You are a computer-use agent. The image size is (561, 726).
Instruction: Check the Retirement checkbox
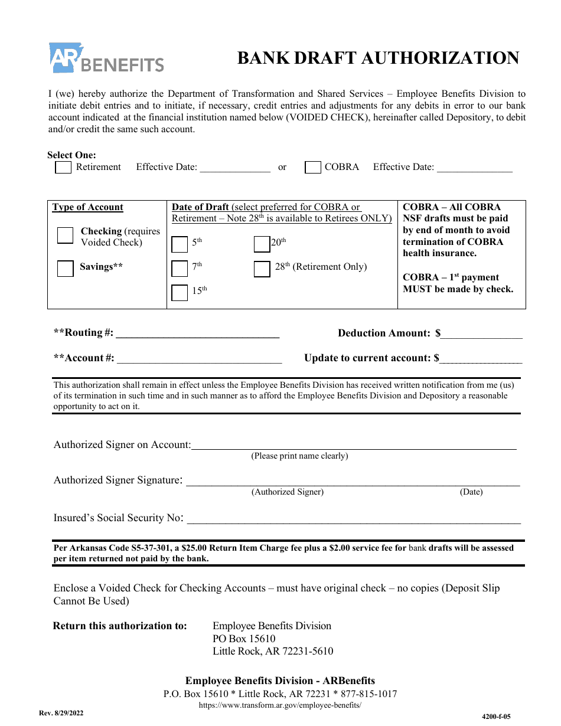point(63,167)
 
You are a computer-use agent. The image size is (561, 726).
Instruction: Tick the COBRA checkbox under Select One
point(313,167)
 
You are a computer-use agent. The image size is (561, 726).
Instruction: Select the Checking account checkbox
point(66,236)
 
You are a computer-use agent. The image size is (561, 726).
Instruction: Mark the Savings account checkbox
point(66,269)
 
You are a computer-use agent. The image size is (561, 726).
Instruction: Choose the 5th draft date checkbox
point(180,244)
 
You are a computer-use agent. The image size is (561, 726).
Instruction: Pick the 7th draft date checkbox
point(180,269)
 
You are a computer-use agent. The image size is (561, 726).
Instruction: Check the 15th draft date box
point(180,293)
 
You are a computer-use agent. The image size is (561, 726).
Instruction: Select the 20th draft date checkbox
point(262,244)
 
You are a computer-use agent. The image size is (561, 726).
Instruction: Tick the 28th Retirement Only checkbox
point(262,269)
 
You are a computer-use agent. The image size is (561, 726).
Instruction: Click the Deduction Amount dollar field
point(481,333)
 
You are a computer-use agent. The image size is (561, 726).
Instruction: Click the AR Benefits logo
point(106,58)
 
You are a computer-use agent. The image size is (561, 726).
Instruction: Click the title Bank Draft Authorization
point(378,58)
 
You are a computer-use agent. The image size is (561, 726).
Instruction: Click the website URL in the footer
point(280,705)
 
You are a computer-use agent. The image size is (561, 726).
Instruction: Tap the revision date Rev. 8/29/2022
point(61,713)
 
